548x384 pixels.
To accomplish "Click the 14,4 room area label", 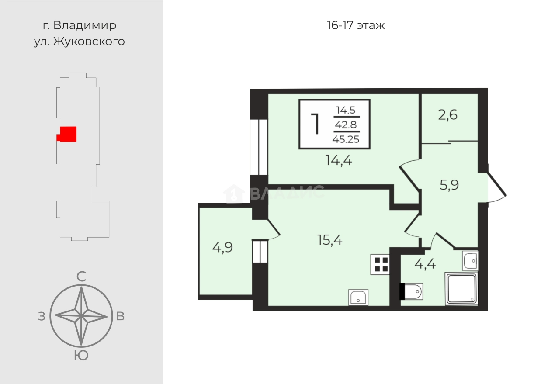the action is (x=339, y=161).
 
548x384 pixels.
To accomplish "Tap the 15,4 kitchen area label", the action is (x=330, y=240).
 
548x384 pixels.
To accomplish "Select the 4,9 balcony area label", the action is (x=222, y=248).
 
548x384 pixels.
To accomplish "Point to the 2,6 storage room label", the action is (x=447, y=115).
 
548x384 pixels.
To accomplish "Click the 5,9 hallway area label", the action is (x=449, y=185).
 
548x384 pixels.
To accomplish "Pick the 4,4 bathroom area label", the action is (x=425, y=264).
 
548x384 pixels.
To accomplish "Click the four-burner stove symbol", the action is (x=380, y=264).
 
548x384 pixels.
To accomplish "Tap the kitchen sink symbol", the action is (x=358, y=297).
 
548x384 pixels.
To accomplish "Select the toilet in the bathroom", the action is (x=411, y=291).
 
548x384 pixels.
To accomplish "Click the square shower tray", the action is (x=461, y=289).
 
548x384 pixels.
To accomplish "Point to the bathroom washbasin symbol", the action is (x=470, y=261).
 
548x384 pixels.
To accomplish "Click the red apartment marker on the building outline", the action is (x=67, y=134).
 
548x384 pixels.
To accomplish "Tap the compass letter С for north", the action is (x=81, y=277).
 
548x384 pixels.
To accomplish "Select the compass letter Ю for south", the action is (x=81, y=356).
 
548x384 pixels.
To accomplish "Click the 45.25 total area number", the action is (x=346, y=139).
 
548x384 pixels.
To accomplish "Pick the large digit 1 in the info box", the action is (x=316, y=124).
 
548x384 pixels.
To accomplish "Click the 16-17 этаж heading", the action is (x=356, y=25).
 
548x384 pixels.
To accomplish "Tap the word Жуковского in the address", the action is (x=89, y=42).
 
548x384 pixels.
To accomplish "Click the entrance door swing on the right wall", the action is (x=496, y=187).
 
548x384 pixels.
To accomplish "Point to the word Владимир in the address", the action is (x=85, y=26).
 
